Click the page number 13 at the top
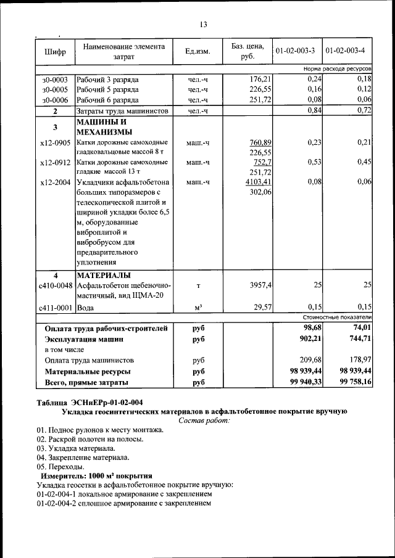click(x=203, y=25)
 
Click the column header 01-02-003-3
click(x=295, y=50)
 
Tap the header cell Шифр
click(x=55, y=51)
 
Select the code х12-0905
click(x=55, y=143)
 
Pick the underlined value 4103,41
click(x=259, y=183)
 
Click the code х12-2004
click(x=55, y=183)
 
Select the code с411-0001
click(x=56, y=307)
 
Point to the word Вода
click(x=86, y=307)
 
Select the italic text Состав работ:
click(x=203, y=421)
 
